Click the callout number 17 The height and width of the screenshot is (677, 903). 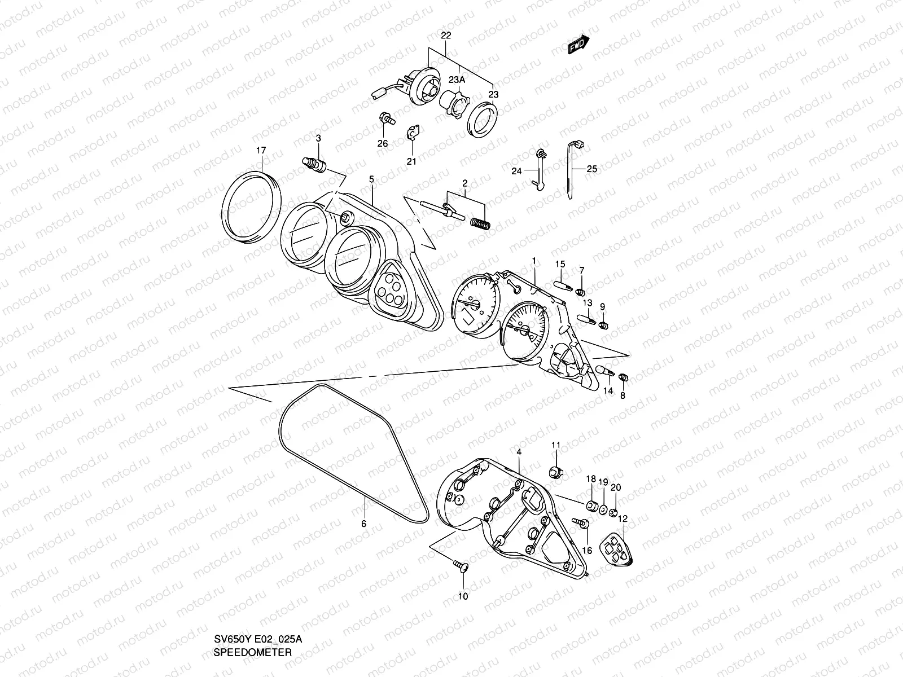click(x=261, y=150)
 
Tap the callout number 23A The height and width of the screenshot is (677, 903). click(x=457, y=80)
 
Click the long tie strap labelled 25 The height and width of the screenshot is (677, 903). click(x=572, y=169)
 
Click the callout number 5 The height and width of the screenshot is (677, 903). click(x=371, y=179)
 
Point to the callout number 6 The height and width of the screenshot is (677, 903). click(x=364, y=524)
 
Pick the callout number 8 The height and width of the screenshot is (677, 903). click(x=623, y=396)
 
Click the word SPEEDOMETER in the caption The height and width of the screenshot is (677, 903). click(x=252, y=668)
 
